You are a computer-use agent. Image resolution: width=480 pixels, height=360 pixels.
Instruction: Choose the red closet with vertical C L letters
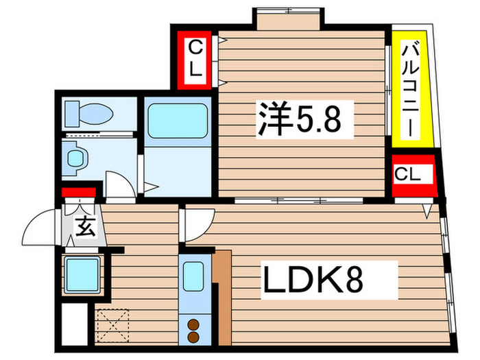point(195,60)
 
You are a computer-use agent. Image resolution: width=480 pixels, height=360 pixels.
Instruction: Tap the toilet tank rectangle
point(71,114)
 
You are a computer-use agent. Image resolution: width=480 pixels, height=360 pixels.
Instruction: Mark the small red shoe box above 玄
point(77,193)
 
